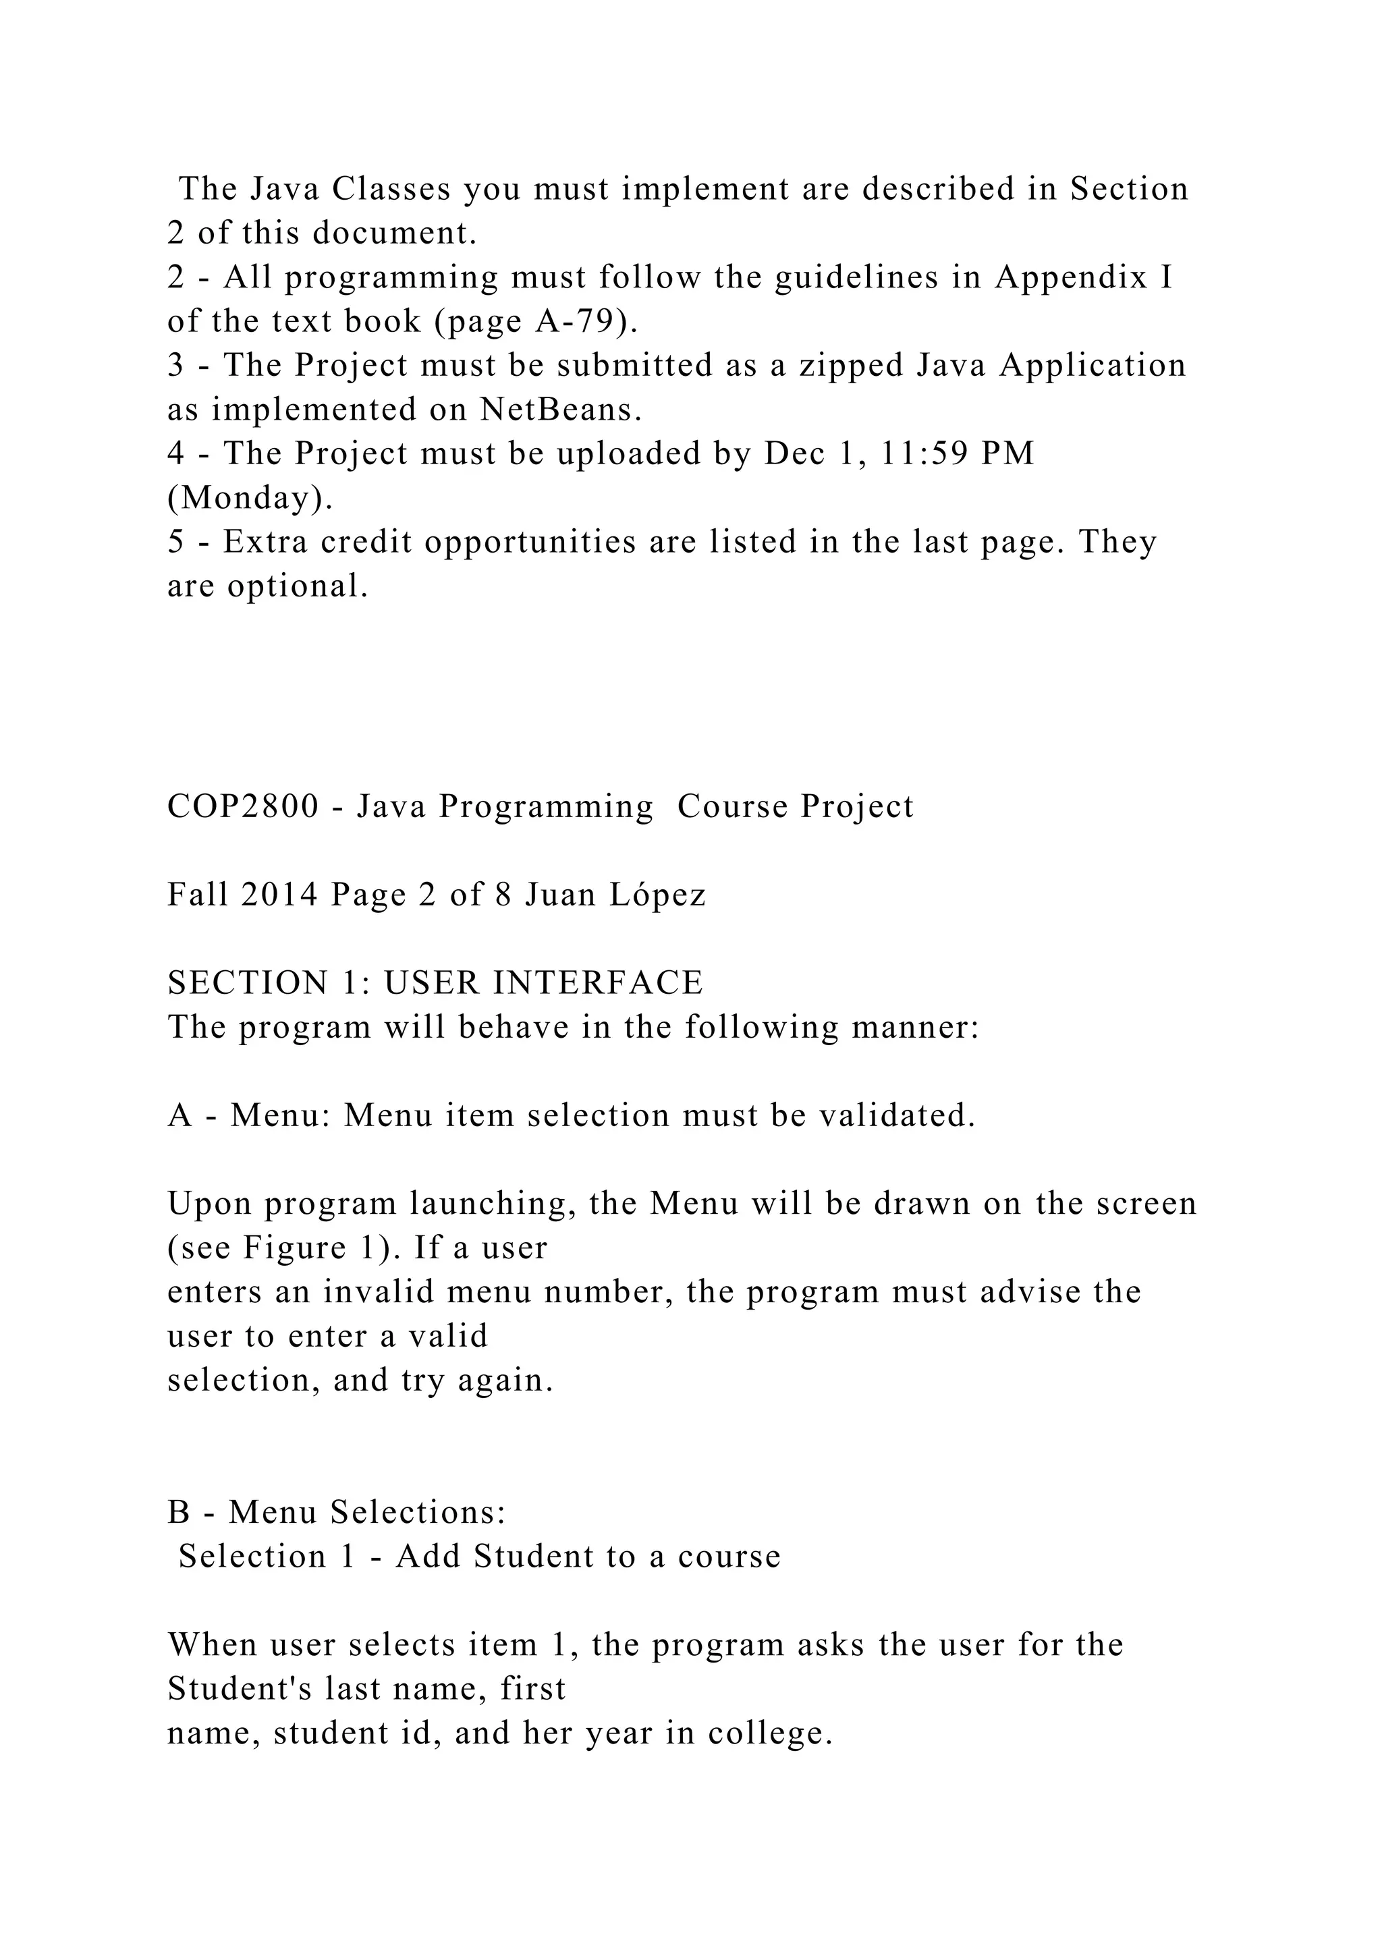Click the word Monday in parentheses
click(248, 498)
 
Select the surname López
click(659, 895)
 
